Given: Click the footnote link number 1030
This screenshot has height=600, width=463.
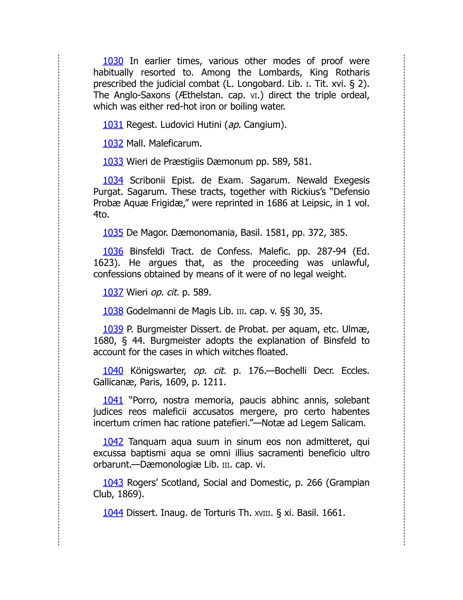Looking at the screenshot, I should point(113,61).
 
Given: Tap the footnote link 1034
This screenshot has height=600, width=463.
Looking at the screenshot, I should point(113,180).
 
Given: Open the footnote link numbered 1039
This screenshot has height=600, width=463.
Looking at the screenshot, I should point(113,329).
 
